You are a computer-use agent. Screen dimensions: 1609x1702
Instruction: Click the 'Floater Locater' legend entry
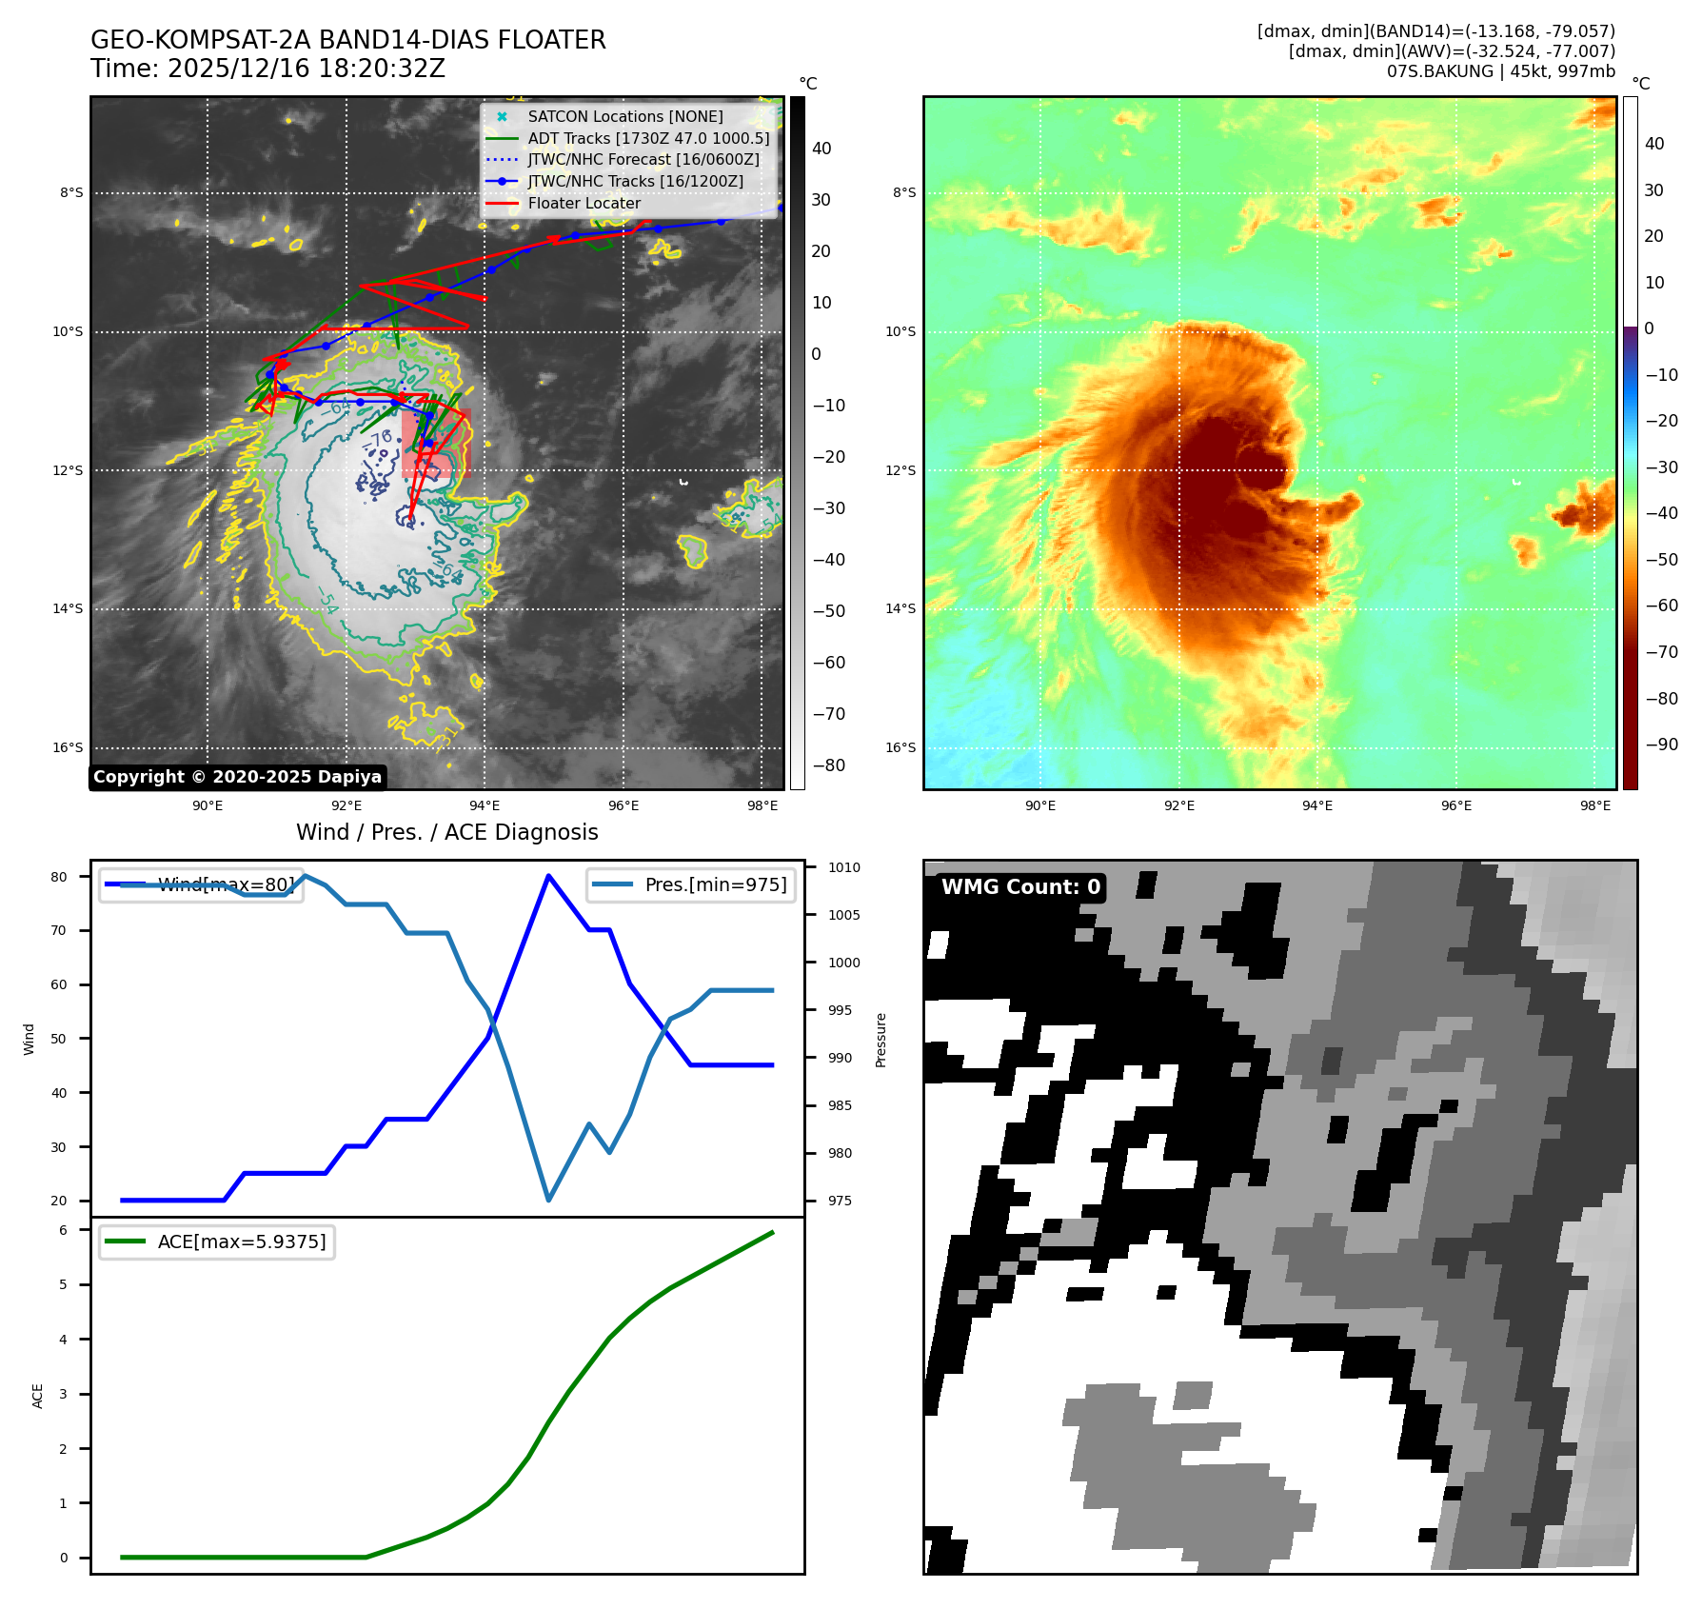pos(584,204)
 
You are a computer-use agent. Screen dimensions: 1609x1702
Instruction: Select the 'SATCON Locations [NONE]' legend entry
pos(624,116)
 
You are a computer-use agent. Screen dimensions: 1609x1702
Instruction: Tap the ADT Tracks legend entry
pos(647,138)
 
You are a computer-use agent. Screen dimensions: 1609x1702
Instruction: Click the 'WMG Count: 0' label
pos(1020,887)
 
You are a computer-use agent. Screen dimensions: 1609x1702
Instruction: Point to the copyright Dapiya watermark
pos(237,777)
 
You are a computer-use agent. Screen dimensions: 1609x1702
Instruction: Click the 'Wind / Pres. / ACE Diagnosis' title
pos(447,833)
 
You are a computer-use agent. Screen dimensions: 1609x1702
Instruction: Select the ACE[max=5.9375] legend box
pos(217,1242)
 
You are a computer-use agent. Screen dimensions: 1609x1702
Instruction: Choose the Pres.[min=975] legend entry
pos(691,885)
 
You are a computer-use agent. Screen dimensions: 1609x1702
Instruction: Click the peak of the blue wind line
pos(548,876)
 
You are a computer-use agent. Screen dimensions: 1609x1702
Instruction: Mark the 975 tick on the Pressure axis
pos(839,1201)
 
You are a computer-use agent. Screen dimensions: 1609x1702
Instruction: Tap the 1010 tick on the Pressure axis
pos(843,867)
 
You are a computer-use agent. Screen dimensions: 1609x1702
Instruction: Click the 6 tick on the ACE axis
pos(64,1230)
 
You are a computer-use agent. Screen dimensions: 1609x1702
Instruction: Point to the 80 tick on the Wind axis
pos(60,877)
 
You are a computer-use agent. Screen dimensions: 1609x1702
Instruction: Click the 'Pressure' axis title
pos(881,1040)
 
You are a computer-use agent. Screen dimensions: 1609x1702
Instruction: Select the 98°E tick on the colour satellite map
pos(1595,805)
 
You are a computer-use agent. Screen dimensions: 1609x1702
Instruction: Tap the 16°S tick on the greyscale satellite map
pos(68,747)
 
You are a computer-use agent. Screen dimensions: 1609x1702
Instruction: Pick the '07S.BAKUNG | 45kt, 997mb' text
pos(1500,71)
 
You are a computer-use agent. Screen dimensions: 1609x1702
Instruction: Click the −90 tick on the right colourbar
pos(1661,745)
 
